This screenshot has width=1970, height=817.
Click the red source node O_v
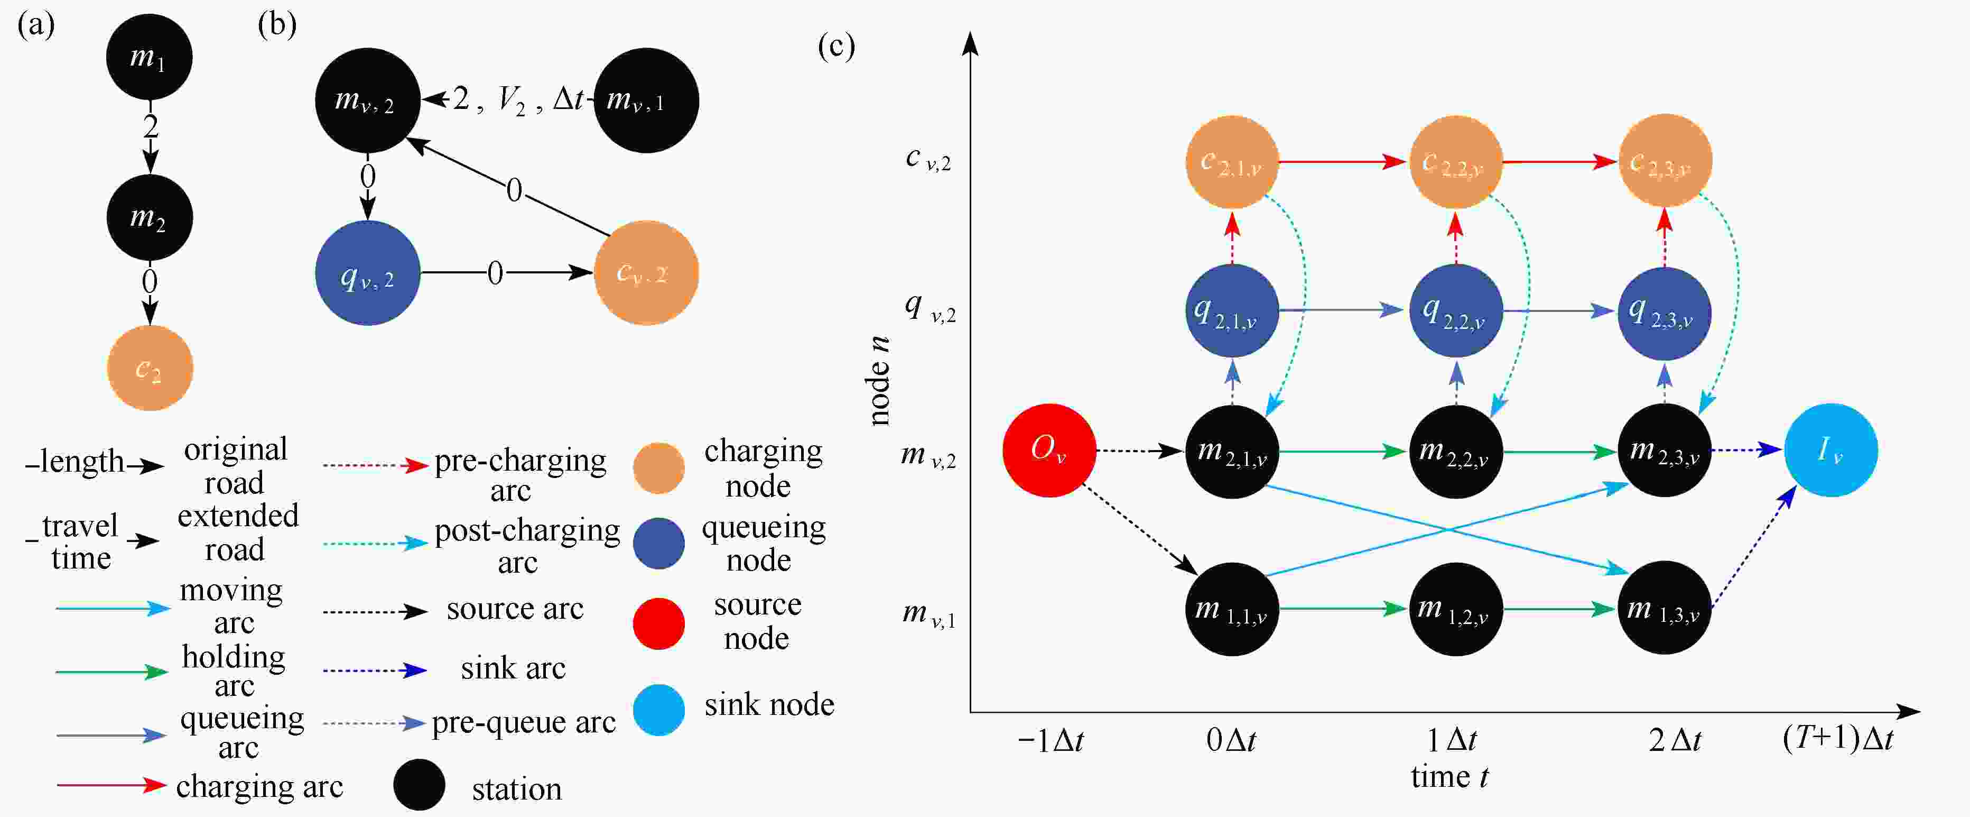1048,451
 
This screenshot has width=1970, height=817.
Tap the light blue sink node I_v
1830,451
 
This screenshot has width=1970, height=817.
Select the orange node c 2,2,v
1455,161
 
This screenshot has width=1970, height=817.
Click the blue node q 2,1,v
1231,310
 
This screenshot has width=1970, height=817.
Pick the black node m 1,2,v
1455,610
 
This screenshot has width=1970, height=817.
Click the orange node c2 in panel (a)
150,368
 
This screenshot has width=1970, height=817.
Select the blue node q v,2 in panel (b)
368,273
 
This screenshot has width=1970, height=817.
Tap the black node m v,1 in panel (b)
646,100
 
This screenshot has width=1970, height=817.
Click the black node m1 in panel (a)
149,57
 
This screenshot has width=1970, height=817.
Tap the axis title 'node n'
879,380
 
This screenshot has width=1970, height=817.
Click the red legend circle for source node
658,623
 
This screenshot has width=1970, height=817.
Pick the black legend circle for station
419,785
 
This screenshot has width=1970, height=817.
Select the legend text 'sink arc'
513,668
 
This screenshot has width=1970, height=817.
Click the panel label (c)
836,46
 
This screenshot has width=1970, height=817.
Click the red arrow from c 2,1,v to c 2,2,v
1343,161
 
